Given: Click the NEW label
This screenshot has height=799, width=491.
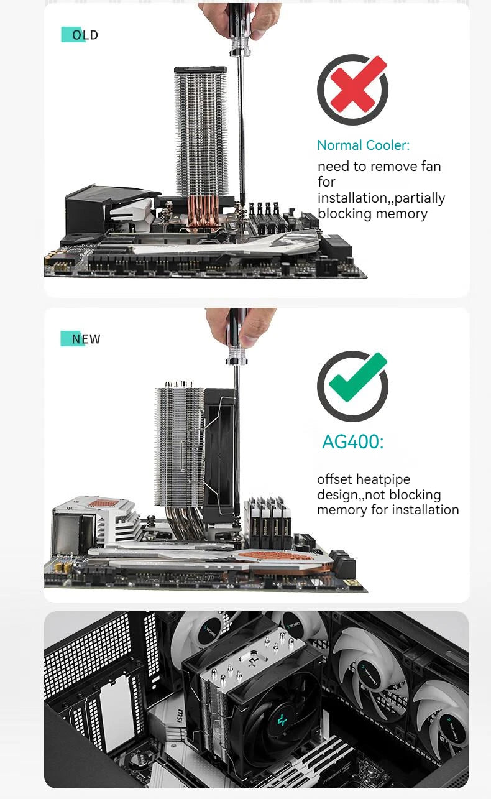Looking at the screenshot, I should [81, 339].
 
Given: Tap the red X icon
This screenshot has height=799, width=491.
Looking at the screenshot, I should [353, 90].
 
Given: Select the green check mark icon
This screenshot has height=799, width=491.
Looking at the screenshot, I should [353, 386].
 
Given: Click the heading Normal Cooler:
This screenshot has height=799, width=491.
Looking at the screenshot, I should [363, 145].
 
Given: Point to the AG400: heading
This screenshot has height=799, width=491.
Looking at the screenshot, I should [352, 442].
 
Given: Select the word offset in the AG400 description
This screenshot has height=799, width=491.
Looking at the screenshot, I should [335, 479].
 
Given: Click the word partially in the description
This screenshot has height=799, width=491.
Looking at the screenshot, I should [420, 198].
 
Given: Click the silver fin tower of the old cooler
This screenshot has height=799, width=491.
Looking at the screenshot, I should [200, 131].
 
